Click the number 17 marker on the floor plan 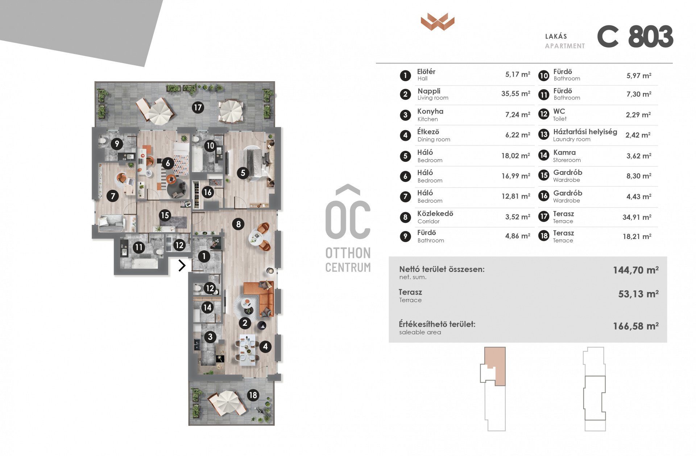click(198, 107)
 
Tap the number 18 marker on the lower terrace click(253, 395)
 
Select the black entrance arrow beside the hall click(182, 266)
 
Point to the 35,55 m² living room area click(515, 94)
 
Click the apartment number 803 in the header click(651, 37)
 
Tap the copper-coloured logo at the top click(438, 22)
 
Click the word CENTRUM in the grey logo click(348, 267)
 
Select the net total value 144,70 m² click(636, 270)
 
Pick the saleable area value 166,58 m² click(636, 326)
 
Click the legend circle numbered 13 click(543, 135)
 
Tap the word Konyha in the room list click(430, 111)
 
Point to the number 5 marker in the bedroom click(243, 173)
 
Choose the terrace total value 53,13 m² click(638, 294)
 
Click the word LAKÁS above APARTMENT click(556, 36)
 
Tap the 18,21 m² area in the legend click(637, 237)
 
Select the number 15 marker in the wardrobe click(165, 215)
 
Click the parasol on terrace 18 click(227, 402)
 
